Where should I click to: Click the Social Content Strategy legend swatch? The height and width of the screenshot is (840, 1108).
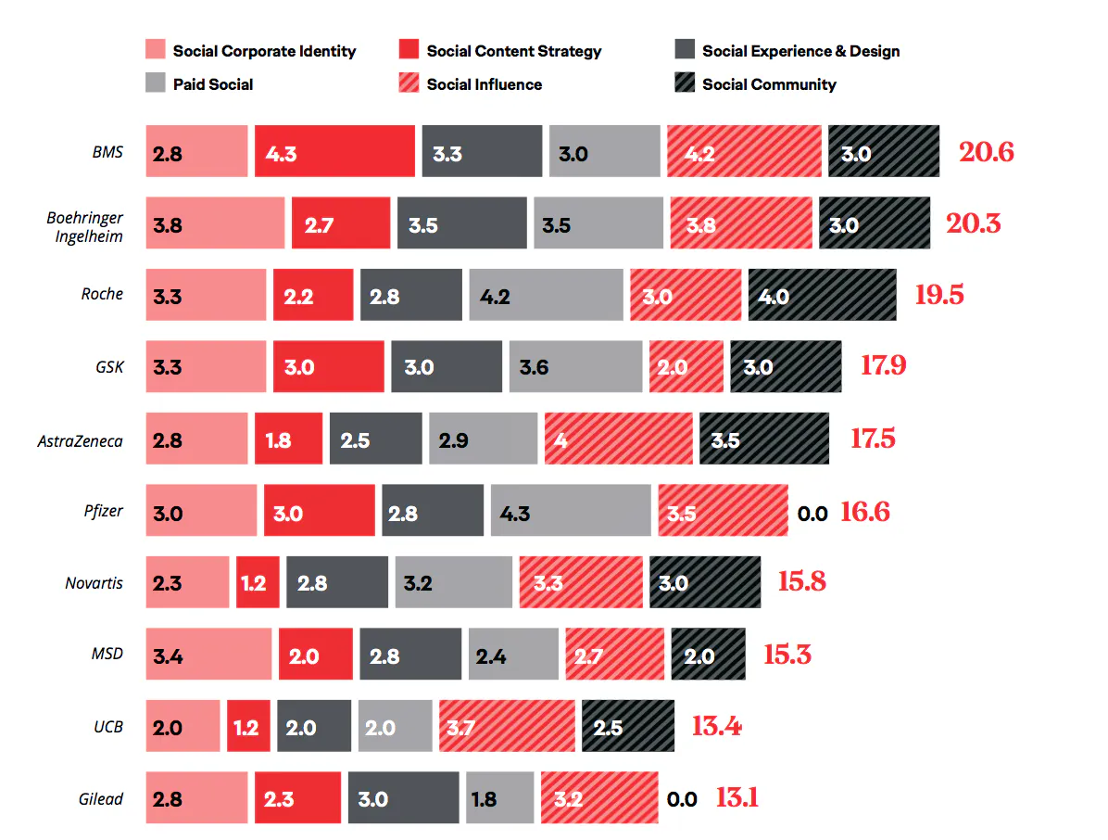pos(409,51)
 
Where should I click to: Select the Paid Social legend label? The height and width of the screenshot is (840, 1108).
pos(212,84)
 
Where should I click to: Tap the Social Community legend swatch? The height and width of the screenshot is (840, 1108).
pos(685,84)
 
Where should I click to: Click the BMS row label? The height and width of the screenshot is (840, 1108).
pos(107,152)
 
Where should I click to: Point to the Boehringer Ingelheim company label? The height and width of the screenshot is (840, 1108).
pos(85,227)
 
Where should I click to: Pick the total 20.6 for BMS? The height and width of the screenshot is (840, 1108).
pos(986,152)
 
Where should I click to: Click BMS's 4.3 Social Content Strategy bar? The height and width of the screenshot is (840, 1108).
pos(334,152)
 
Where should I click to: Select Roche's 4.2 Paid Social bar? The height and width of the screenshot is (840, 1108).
pos(546,296)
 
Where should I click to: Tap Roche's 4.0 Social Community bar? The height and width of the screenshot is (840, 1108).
pos(822,296)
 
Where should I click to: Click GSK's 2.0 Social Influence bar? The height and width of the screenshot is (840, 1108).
pos(686,367)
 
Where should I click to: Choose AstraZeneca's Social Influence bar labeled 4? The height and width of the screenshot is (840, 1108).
pos(618,439)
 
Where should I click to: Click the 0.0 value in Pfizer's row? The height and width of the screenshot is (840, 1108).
pos(812,513)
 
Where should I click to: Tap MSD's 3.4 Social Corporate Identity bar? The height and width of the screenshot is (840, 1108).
pos(208,655)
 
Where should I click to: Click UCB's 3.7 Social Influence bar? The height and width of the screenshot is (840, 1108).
pos(507,727)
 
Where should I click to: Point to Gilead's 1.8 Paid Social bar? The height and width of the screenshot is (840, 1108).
pos(499,798)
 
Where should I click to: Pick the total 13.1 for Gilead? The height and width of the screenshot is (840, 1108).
pos(737,797)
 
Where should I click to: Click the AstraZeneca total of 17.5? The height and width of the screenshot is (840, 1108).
pos(873,439)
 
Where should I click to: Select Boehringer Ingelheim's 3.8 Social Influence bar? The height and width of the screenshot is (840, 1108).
pos(740,223)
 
